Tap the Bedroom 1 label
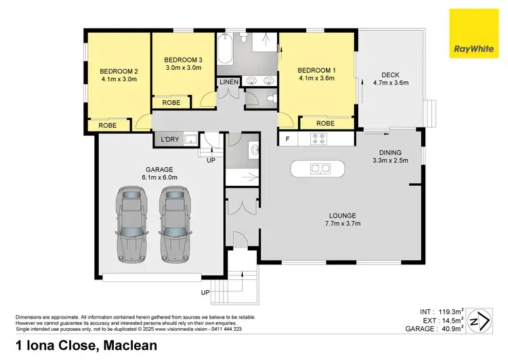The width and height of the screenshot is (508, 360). (317, 70)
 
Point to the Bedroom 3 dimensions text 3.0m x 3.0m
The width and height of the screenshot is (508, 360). (184, 67)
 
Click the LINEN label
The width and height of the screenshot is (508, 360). (228, 82)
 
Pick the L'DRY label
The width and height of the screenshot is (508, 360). (169, 140)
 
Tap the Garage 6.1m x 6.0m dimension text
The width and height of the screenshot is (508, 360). (139, 177)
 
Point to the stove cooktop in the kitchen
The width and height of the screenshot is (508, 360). (318, 139)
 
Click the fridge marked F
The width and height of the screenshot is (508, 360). (288, 139)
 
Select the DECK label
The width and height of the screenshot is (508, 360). (390, 75)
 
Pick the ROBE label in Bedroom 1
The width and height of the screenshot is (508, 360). (326, 123)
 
